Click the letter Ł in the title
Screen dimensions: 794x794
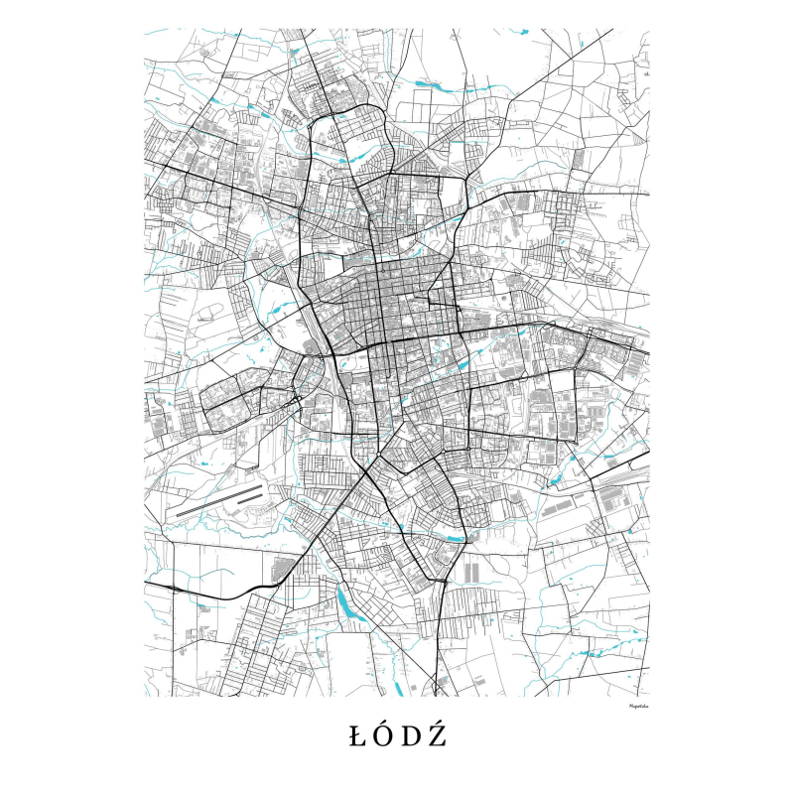click(357, 736)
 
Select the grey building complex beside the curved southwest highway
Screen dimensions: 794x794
click(281, 570)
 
